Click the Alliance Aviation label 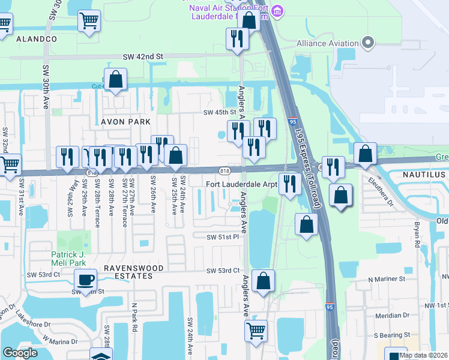(x=327, y=44)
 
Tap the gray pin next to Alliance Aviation (x=369, y=43)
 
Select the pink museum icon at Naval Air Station (x=277, y=11)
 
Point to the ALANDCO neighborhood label (x=36, y=38)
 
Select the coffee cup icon (x=85, y=278)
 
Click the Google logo (x=20, y=353)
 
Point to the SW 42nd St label (x=143, y=56)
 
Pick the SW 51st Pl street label (x=223, y=237)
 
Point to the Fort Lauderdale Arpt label (x=242, y=185)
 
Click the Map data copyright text (x=424, y=355)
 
